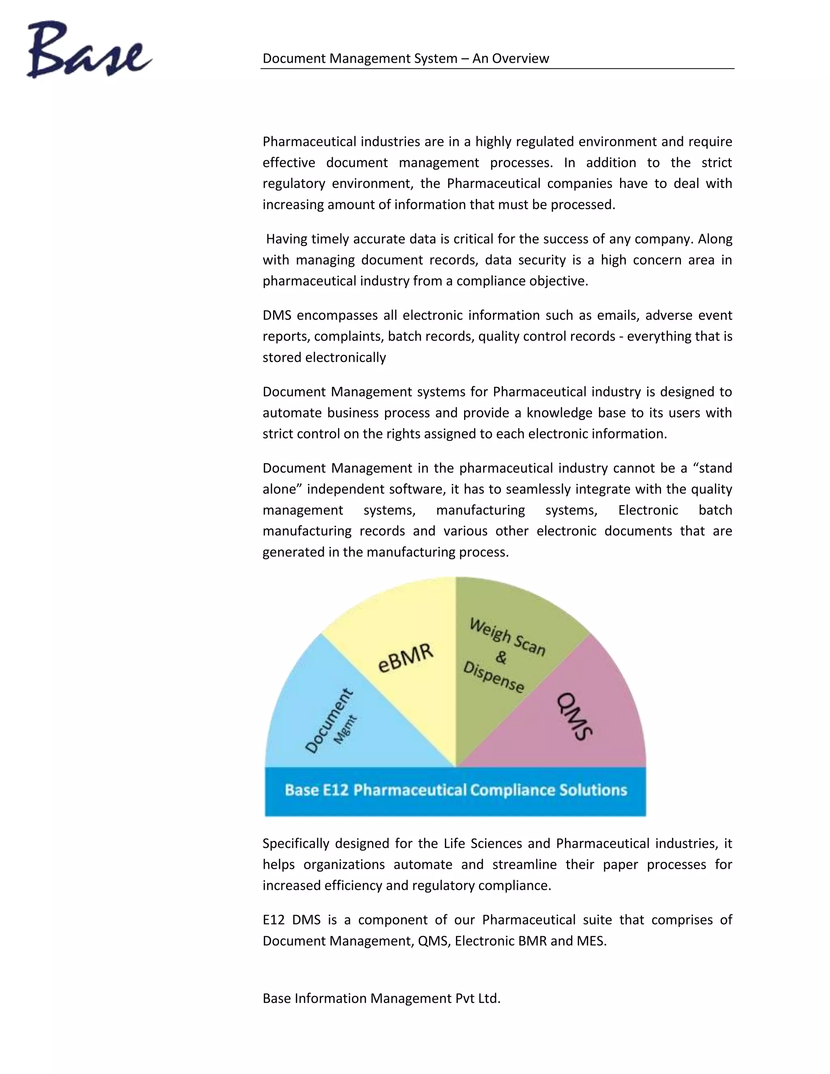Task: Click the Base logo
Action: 88,50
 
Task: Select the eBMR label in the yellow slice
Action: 406,658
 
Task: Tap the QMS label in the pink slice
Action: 574,717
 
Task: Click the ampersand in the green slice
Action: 501,657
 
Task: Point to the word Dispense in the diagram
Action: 494,677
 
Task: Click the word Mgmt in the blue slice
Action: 345,730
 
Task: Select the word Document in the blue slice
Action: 328,721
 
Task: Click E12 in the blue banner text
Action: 336,790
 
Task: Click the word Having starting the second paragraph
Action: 287,239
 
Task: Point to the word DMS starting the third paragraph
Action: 277,315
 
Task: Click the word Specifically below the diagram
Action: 295,844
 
